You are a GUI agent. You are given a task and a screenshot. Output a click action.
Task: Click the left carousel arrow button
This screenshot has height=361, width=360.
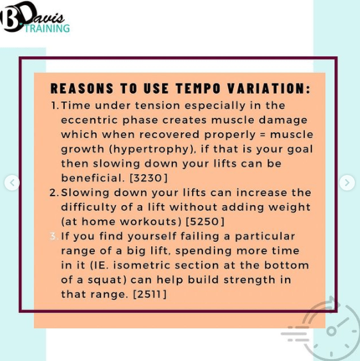click(x=12, y=183)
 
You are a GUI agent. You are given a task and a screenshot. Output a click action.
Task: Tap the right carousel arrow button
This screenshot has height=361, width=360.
click(x=347, y=183)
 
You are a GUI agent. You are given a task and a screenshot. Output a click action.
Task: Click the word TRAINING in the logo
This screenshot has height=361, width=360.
click(x=47, y=28)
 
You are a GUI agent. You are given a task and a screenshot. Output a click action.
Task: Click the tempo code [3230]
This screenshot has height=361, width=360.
click(x=149, y=178)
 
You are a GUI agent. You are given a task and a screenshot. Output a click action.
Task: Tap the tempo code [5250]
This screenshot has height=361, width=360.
click(x=205, y=221)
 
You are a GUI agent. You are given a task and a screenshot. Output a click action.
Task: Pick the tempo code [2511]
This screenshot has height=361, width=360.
click(x=150, y=294)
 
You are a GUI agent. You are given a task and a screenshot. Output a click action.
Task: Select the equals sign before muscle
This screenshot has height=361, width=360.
click(x=263, y=135)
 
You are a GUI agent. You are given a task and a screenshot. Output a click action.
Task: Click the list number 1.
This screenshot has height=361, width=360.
click(x=54, y=105)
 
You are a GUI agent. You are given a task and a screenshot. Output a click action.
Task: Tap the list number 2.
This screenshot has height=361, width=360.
click(x=54, y=192)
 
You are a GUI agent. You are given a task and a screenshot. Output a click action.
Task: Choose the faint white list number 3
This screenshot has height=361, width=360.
click(x=54, y=236)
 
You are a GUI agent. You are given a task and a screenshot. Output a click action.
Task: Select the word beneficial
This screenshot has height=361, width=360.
click(x=92, y=178)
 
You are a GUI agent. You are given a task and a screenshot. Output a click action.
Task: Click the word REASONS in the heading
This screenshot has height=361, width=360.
click(x=82, y=88)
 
